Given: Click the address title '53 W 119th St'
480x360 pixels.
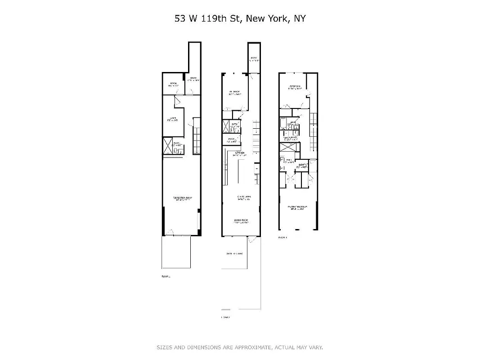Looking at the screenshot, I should coord(208,18).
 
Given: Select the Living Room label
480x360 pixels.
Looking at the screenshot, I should coord(241,220).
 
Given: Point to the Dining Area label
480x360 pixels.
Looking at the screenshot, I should coord(241,197).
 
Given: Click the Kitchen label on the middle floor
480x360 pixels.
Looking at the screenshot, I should coord(240,153).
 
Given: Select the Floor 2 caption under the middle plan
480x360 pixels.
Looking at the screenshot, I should coord(225,318).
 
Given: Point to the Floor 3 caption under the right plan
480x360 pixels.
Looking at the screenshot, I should coord(283,237).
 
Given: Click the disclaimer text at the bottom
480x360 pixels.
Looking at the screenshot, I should coord(240,347).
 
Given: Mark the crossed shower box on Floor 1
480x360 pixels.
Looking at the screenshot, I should coord(167,145).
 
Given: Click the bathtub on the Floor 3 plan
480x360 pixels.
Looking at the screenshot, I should coord(283,123).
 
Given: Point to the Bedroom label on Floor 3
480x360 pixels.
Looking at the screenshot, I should coord(295,87).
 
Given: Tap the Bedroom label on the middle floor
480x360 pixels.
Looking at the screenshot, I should coord(235,94).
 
